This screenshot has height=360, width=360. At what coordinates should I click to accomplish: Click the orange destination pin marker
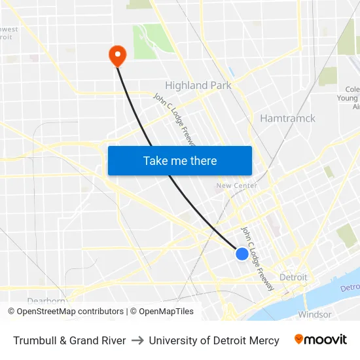pyautogui.click(x=117, y=55)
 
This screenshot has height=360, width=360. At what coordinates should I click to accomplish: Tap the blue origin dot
pyautogui.click(x=242, y=254)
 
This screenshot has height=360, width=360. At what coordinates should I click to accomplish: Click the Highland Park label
pyautogui.click(x=198, y=85)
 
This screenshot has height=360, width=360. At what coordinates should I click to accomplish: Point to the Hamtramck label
pyautogui.click(x=287, y=118)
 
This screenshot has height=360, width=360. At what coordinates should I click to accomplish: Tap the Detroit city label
pyautogui.click(x=293, y=277)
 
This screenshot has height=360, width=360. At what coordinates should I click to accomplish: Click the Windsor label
pyautogui.click(x=314, y=314)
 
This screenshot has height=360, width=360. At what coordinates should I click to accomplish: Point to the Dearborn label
pyautogui.click(x=47, y=302)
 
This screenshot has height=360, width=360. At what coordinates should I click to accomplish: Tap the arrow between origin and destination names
pyautogui.click(x=137, y=340)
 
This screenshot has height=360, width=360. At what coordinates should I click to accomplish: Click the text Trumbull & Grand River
pyautogui.click(x=69, y=340)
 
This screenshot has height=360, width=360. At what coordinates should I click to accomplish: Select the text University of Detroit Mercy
pyautogui.click(x=214, y=340)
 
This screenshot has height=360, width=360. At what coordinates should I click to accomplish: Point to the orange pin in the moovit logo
pyautogui.click(x=298, y=339)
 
